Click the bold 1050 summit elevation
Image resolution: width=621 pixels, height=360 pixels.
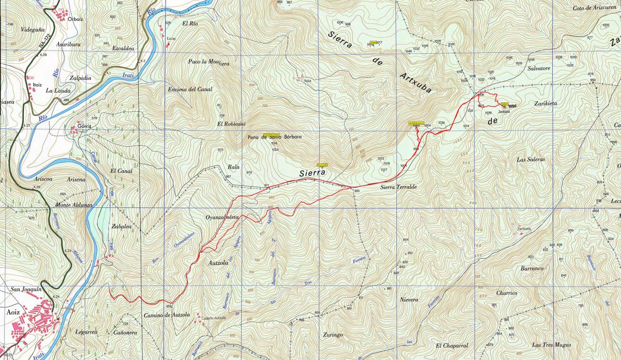[512, 107]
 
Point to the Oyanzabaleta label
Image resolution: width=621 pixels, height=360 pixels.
[222, 218]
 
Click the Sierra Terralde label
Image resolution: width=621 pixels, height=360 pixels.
[398, 187]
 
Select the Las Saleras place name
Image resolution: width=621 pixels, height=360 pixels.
[531, 160]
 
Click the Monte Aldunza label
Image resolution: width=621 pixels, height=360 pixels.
[73, 205]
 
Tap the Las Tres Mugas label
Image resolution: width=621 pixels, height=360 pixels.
[551, 345]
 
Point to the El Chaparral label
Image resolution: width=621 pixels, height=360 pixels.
[451, 346]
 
